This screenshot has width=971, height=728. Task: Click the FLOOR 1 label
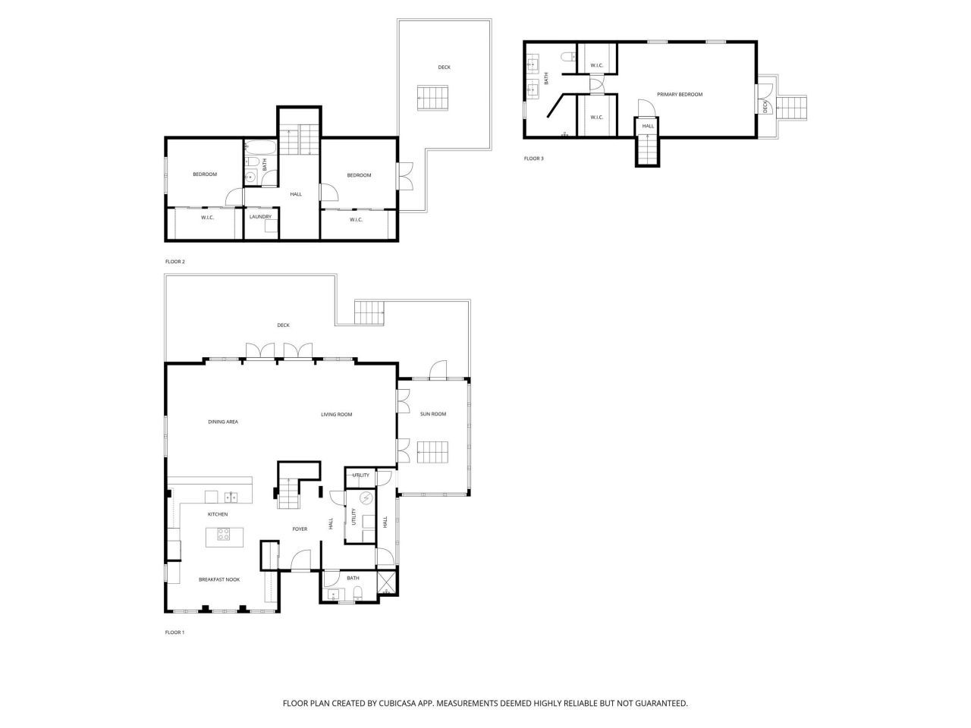pyautogui.click(x=174, y=632)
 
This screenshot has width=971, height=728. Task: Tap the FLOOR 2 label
pyautogui.click(x=174, y=262)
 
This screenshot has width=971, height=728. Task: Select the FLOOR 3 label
pyautogui.click(x=533, y=158)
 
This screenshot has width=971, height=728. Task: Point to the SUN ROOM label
pyautogui.click(x=433, y=414)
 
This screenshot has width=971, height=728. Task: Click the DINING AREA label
pyautogui.click(x=223, y=422)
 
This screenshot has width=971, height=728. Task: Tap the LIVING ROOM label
pyautogui.click(x=336, y=414)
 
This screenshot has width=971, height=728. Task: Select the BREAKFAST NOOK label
pyautogui.click(x=219, y=579)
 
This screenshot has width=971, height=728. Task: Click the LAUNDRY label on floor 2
pyautogui.click(x=260, y=217)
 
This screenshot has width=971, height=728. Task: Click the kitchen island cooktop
pyautogui.click(x=223, y=535)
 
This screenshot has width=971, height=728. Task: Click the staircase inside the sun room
pyautogui.click(x=434, y=453)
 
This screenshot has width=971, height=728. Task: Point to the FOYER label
pyautogui.click(x=300, y=529)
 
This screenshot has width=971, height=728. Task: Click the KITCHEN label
pyautogui.click(x=218, y=514)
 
